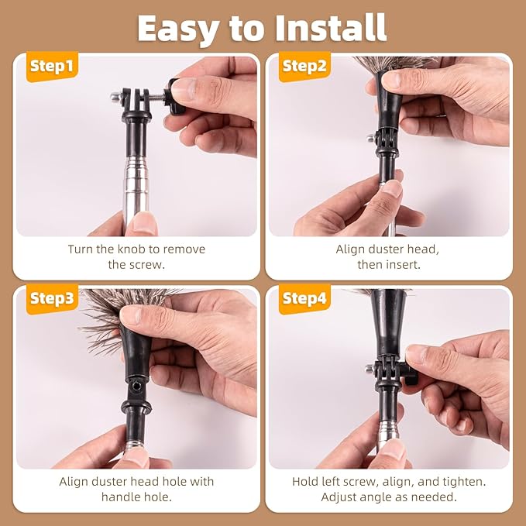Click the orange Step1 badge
click(x=52, y=67)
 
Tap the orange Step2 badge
click(x=304, y=67)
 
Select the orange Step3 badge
click(x=52, y=299)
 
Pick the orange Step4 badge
click(x=304, y=299)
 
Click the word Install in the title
click(x=331, y=28)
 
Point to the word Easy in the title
click(x=179, y=29)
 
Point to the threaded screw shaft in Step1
click(x=156, y=98)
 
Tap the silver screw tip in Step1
click(x=115, y=98)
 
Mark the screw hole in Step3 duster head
click(x=136, y=386)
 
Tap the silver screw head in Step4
click(x=370, y=369)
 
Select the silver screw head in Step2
click(x=371, y=138)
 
